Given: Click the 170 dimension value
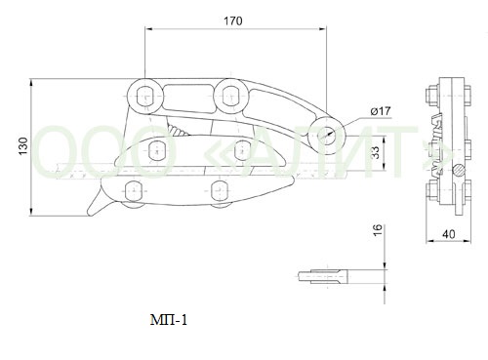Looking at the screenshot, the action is (x=233, y=21).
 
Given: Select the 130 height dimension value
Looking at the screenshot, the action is (x=23, y=146).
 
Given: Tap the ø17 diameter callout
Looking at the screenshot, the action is (x=381, y=111).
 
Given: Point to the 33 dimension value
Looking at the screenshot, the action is (x=376, y=152).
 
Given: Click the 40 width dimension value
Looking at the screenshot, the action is (x=449, y=234).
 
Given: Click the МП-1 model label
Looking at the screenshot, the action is (x=169, y=320).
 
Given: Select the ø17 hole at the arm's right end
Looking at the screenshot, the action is (x=327, y=134).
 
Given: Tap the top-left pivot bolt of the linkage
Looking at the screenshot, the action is (x=144, y=97).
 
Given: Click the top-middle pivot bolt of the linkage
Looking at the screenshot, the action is (x=231, y=96).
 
